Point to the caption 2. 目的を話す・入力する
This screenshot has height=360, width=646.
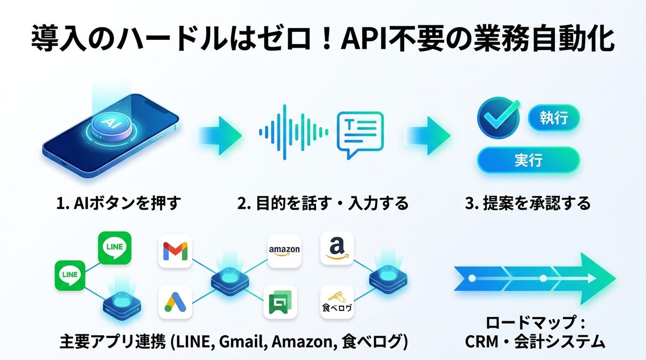(x=322, y=203)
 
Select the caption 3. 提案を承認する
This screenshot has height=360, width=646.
(x=528, y=203)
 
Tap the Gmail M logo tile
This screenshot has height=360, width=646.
(x=175, y=250)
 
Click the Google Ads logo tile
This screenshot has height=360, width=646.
(x=175, y=302)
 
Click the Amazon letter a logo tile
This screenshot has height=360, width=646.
(x=337, y=248)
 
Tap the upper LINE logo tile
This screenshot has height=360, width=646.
(x=115, y=248)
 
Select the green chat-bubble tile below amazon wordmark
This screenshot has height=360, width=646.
(x=280, y=302)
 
